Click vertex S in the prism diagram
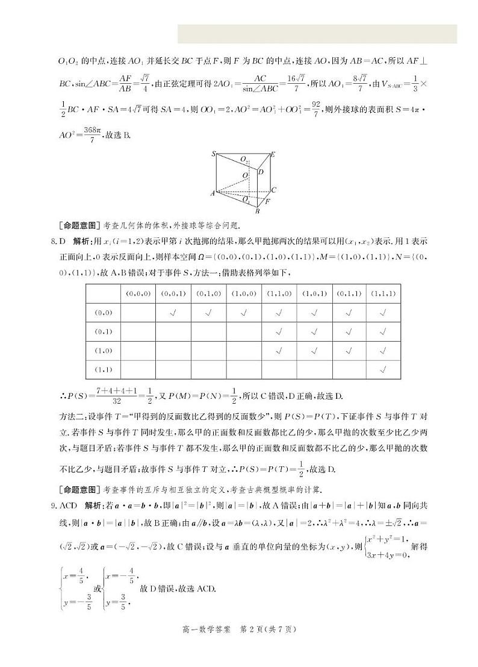214,155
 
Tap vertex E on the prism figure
273,155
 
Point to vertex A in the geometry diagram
213,193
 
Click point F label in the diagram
268,201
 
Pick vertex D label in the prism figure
261,172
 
